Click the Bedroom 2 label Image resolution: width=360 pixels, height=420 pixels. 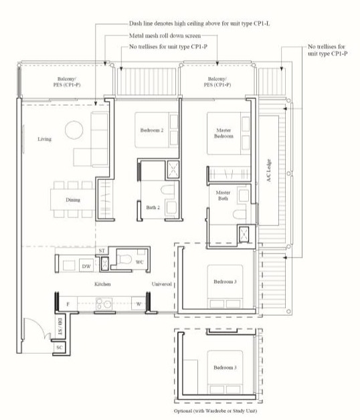pyautogui.click(x=152, y=130)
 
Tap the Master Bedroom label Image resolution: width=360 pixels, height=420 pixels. pyautogui.click(x=223, y=133)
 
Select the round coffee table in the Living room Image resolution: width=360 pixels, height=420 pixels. pyautogui.click(x=74, y=130)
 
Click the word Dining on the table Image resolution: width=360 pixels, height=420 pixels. pyautogui.click(x=73, y=200)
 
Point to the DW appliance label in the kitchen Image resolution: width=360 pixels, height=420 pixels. pyautogui.click(x=86, y=266)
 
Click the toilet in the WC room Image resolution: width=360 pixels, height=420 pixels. pyautogui.click(x=124, y=259)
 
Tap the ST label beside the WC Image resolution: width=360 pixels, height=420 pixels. pyautogui.click(x=102, y=251)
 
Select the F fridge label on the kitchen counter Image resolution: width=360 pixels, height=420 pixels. pyautogui.click(x=68, y=304)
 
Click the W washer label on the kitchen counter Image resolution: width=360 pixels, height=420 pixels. pyautogui.click(x=139, y=304)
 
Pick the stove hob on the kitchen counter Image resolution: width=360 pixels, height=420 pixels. pyautogui.click(x=104, y=304)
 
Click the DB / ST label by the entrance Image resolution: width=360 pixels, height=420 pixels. pyautogui.click(x=60, y=326)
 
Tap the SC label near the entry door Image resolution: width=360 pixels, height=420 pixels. pyautogui.click(x=60, y=347)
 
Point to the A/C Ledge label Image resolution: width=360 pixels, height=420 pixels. pyautogui.click(x=268, y=171)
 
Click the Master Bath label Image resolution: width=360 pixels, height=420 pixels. pyautogui.click(x=223, y=195)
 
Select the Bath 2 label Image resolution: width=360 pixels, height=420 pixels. pyautogui.click(x=153, y=207)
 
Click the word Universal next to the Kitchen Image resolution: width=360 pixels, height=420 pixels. pyautogui.click(x=162, y=284)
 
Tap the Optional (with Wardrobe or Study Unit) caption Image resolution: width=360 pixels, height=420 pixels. pyautogui.click(x=215, y=411)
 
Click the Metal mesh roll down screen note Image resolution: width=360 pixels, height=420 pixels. pyautogui.click(x=165, y=35)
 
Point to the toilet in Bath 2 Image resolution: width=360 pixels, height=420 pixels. pyautogui.click(x=167, y=190)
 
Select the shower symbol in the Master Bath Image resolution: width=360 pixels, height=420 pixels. pyautogui.click(x=244, y=234)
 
